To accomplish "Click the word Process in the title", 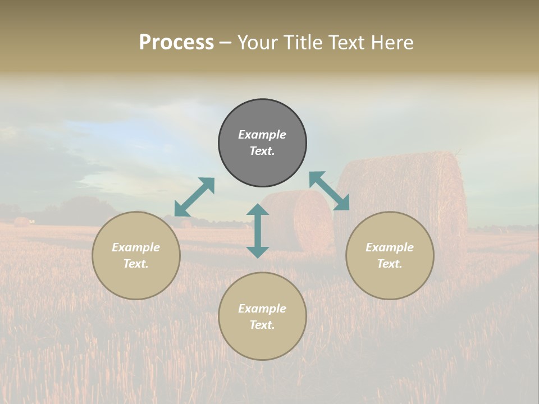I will [x=176, y=43].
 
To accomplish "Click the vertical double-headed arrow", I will [x=258, y=231].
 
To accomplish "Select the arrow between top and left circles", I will [x=194, y=197].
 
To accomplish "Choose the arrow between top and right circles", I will [x=329, y=191].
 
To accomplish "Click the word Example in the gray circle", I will [x=262, y=135].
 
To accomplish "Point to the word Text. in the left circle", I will [x=136, y=264].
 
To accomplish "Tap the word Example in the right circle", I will [x=390, y=247].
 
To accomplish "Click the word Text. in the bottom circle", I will [x=262, y=325].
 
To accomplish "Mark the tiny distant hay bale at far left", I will [x=21, y=222].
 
